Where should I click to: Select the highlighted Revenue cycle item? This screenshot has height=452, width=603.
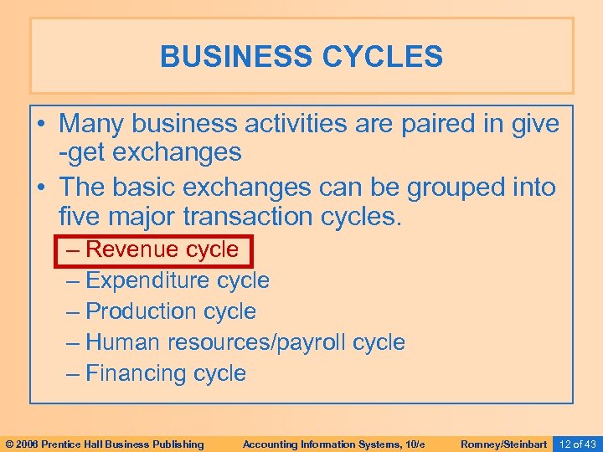click(x=152, y=249)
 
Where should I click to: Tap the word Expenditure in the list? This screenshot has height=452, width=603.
click(x=147, y=280)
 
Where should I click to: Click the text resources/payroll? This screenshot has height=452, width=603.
click(x=257, y=342)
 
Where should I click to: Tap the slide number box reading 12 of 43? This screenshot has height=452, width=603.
click(x=577, y=444)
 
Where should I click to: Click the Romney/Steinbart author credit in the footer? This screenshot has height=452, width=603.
click(x=504, y=444)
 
